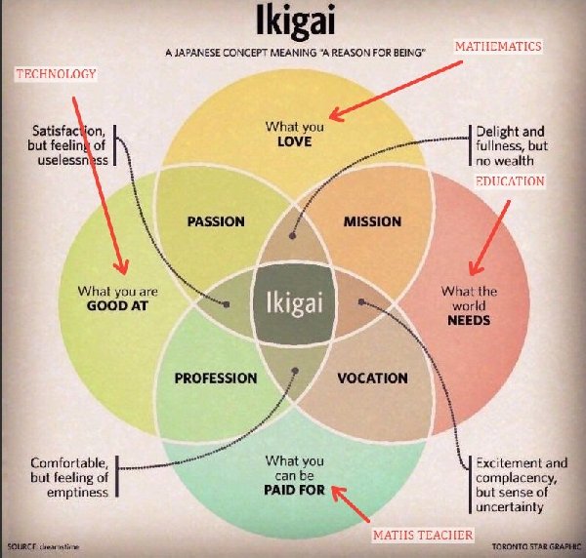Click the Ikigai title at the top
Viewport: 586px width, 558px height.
tap(292, 22)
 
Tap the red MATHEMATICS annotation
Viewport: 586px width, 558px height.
tap(498, 46)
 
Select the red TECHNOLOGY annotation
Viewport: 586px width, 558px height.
tap(56, 74)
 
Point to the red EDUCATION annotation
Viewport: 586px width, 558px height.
tap(510, 182)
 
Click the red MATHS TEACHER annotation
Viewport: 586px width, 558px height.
tap(423, 535)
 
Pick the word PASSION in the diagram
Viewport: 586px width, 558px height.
tap(216, 221)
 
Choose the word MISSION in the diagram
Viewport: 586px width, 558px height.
tap(372, 221)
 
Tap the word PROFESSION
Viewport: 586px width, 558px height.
tap(216, 378)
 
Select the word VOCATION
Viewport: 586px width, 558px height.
tap(372, 378)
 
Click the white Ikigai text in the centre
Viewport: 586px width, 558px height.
tap(294, 301)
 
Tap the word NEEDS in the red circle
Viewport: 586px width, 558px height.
tap(468, 320)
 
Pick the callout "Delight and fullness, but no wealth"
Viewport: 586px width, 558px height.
tap(512, 144)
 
